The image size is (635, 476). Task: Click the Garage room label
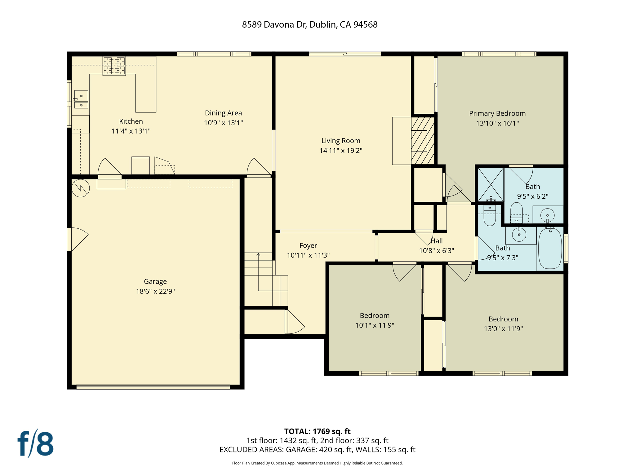click(155, 281)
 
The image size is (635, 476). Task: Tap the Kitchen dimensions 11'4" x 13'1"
click(131, 131)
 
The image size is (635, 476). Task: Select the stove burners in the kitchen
click(114, 66)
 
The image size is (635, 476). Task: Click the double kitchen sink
click(81, 99)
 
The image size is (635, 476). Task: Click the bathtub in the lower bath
click(550, 249)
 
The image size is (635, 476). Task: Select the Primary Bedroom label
click(497, 113)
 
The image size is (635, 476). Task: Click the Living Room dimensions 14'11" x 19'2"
click(341, 151)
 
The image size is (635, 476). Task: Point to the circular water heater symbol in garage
click(81, 188)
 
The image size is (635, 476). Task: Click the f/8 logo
click(35, 443)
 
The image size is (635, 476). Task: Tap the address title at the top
click(309, 25)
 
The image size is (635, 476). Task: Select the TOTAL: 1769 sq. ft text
click(317, 431)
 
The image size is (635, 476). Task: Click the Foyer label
click(308, 245)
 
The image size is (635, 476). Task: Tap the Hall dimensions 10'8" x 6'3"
click(436, 251)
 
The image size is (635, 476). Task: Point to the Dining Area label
click(223, 113)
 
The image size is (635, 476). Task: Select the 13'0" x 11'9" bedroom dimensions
click(503, 329)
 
